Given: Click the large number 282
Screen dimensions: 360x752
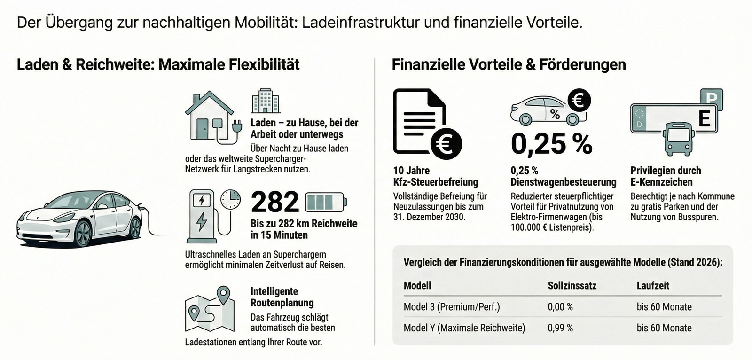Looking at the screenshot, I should [x=274, y=202].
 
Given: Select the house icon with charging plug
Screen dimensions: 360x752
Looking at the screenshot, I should [x=210, y=116].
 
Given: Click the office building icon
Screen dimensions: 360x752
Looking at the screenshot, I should [x=266, y=101].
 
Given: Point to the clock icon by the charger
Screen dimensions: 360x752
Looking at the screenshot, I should [x=231, y=199].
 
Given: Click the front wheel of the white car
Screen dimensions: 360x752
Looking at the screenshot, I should [x=83, y=233].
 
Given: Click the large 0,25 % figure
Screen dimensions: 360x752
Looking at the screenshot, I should [x=551, y=144].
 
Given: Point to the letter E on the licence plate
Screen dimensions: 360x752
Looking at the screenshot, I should [x=704, y=118].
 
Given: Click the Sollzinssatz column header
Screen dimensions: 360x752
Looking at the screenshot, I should [x=572, y=285].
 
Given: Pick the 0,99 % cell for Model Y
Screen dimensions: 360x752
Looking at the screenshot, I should [x=560, y=328].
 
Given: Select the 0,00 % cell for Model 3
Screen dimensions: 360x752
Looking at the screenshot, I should [x=560, y=307].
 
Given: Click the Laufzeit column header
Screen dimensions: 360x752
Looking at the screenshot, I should [x=653, y=285].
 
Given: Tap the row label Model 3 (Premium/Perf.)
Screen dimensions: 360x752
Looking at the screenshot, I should [x=452, y=307].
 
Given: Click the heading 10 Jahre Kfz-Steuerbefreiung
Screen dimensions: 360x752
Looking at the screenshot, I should [x=435, y=176].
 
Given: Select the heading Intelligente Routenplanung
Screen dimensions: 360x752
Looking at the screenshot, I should [x=282, y=297].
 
